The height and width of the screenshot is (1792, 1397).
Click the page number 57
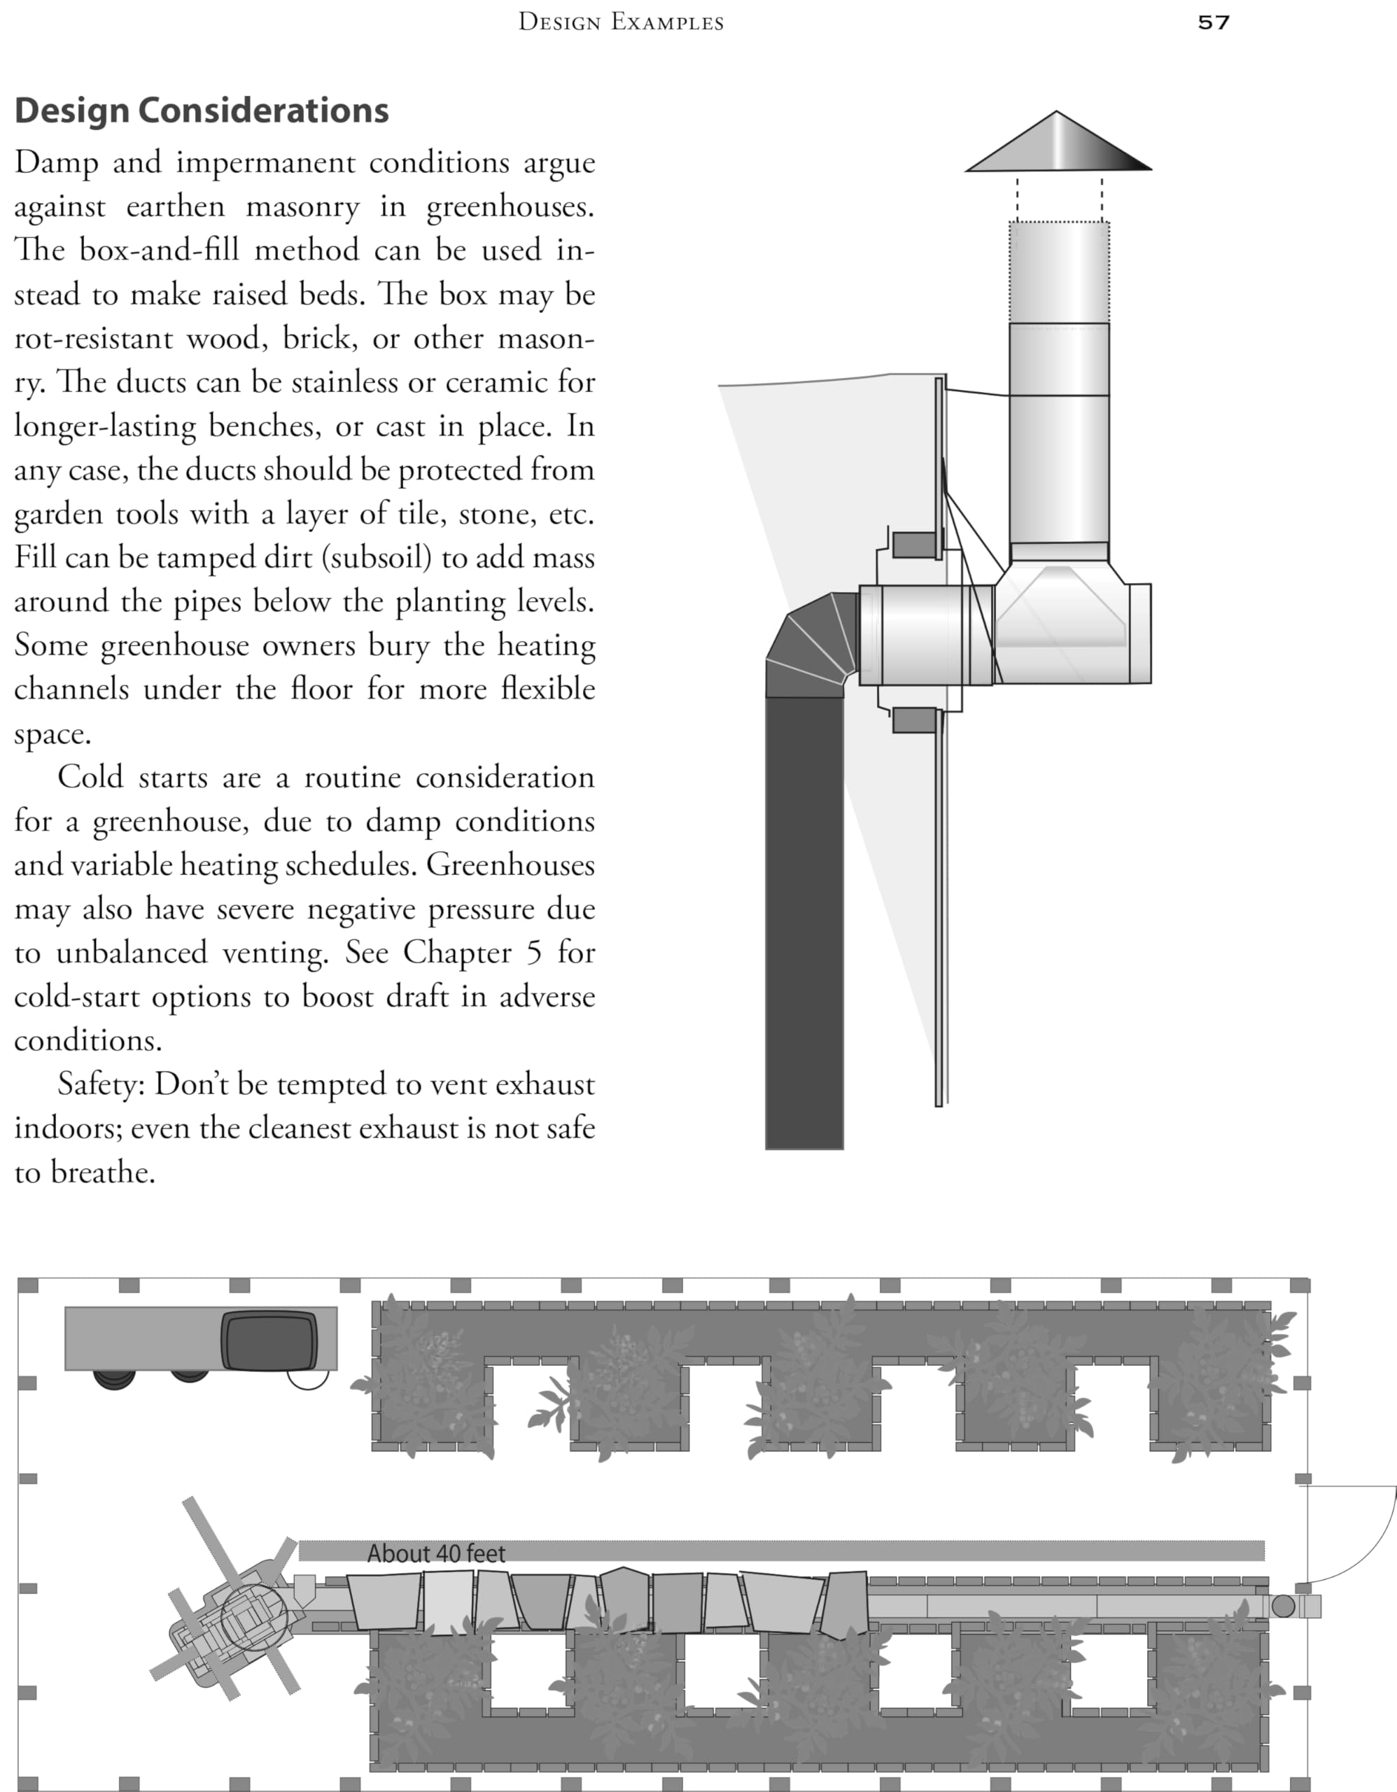coord(1213,22)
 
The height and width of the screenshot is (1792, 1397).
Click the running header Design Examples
coord(621,22)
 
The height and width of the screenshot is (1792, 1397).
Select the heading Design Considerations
coord(202,111)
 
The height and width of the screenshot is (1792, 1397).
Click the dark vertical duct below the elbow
coord(804,919)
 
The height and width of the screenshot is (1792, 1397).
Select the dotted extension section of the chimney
coord(1059,272)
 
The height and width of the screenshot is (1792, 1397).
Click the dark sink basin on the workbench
coord(268,1340)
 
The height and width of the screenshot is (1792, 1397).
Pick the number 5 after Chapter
coord(534,953)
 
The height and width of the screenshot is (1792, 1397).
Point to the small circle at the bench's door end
coord(1283,1606)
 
